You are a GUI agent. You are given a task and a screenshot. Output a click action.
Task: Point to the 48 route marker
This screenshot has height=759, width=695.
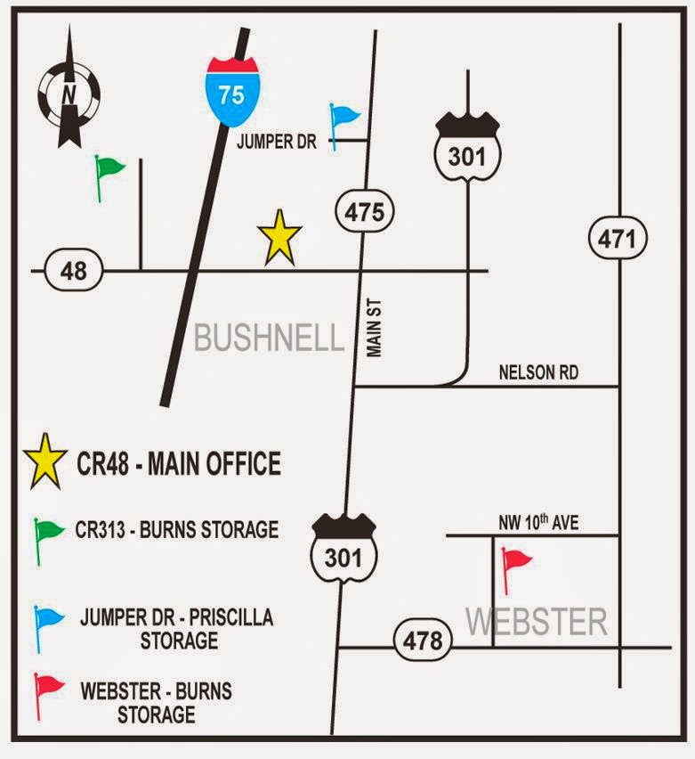point(74,269)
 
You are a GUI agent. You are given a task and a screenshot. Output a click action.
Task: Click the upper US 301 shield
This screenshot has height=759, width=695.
point(467,152)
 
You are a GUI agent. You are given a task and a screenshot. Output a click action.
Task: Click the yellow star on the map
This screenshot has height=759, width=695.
point(279,238)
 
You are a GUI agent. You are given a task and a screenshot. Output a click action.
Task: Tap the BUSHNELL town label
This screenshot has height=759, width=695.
point(268,338)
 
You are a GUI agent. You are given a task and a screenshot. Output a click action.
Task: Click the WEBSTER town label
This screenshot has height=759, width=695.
point(537,621)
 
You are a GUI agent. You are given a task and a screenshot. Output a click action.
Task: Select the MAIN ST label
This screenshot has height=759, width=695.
point(375,329)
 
